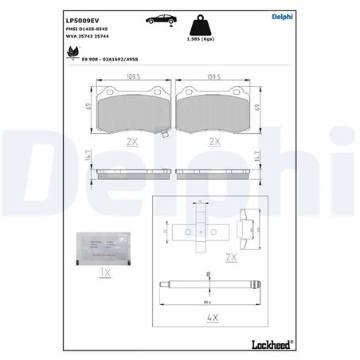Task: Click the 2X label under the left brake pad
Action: click(132, 142)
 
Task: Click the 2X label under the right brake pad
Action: click(213, 142)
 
